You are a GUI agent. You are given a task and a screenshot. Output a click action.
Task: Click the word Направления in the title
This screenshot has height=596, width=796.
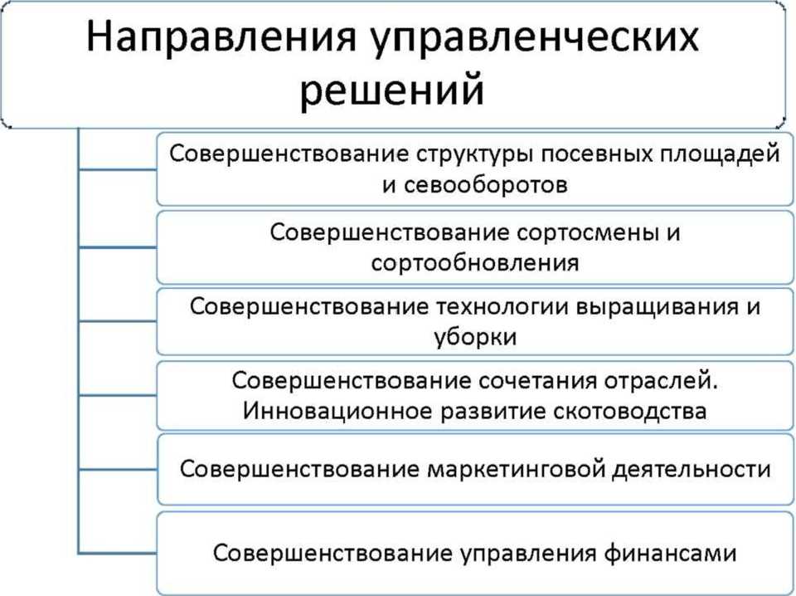click(221, 38)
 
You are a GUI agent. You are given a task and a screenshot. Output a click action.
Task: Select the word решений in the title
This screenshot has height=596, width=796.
click(391, 91)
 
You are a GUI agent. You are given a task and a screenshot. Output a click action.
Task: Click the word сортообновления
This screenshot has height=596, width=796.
click(475, 262)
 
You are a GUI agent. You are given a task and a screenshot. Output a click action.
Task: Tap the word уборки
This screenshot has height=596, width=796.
click(475, 338)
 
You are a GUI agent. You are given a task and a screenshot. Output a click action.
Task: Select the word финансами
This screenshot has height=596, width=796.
click(670, 553)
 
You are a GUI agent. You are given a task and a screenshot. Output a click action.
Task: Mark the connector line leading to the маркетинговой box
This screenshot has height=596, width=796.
click(118, 470)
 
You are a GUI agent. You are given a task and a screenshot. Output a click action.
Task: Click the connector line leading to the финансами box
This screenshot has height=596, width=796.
click(118, 552)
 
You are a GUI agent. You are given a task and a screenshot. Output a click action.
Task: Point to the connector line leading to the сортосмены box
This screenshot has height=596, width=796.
click(118, 247)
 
